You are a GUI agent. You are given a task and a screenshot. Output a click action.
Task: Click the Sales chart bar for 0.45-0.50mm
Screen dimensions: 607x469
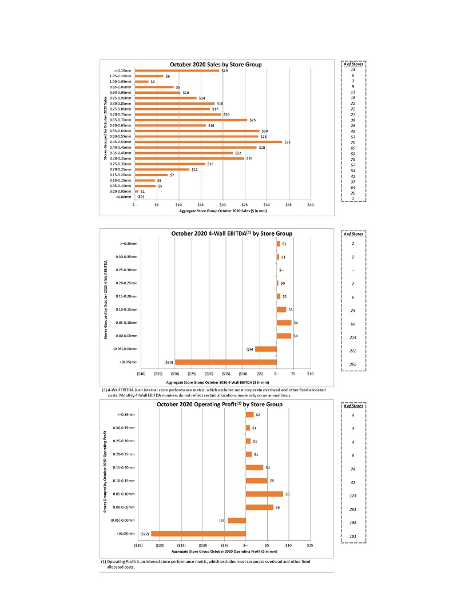pos(208,142)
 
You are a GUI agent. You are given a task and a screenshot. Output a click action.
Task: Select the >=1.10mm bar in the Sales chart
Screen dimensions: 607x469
pos(177,71)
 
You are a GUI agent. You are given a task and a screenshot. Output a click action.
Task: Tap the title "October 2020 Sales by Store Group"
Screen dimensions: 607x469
pos(216,64)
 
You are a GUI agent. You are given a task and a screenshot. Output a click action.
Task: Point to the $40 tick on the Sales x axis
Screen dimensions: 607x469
pos(311,204)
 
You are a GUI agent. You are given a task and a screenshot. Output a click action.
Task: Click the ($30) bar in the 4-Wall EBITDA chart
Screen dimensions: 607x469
pos(226,362)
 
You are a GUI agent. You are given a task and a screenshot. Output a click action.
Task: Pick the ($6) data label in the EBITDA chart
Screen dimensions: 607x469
pos(249,349)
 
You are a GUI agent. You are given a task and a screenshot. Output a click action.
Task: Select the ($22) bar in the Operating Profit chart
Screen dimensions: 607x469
pos(198,534)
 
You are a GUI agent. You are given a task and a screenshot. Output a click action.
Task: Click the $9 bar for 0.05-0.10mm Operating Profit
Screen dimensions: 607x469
pos(264,494)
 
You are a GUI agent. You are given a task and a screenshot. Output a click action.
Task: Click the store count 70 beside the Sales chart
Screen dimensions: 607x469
pos(353,141)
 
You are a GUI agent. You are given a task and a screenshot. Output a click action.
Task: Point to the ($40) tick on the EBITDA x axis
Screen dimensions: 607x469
pos(141,374)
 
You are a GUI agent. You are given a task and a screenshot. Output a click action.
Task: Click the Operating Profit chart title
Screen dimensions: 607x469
pos(219,404)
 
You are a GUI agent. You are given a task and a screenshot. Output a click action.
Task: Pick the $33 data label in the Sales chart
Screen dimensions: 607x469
pos(287,142)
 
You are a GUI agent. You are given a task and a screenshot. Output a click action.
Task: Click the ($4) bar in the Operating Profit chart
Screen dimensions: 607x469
pos(237,521)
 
